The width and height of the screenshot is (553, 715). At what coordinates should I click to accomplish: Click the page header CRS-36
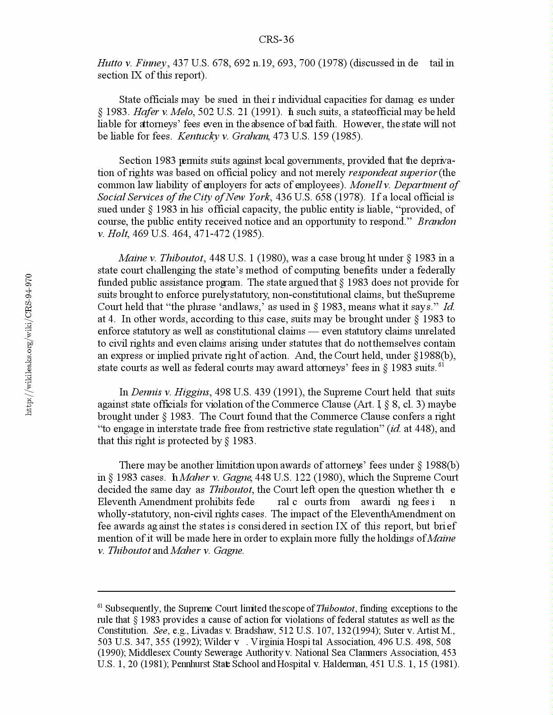[276, 40]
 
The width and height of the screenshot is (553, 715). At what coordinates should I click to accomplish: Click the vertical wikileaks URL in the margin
[29, 344]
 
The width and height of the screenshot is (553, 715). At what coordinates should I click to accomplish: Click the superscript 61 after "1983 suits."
[441, 365]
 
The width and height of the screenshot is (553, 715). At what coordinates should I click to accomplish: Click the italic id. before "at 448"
[395, 429]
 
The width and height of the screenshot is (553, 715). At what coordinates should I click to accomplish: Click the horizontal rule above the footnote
[276, 591]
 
